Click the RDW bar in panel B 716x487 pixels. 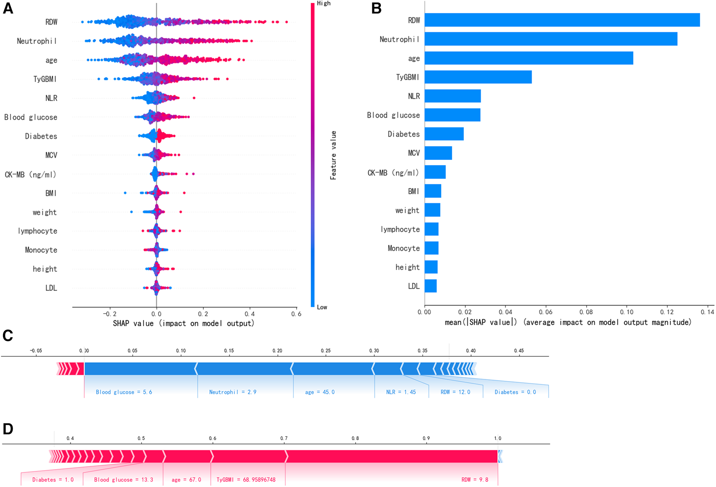[562, 20]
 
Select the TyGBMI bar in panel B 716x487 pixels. [478, 77]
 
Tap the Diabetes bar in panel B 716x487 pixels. [444, 134]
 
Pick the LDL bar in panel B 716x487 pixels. [431, 286]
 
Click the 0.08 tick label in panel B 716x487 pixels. [586, 312]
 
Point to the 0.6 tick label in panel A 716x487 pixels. [296, 314]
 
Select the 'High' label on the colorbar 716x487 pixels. [324, 3]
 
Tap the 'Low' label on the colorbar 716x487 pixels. [322, 307]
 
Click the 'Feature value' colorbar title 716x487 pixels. [333, 155]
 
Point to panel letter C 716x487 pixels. [8, 336]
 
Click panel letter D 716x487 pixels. [8, 429]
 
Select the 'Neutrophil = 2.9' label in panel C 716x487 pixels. [232, 392]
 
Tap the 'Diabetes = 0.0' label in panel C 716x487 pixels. [515, 392]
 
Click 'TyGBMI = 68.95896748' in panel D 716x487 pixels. [246, 480]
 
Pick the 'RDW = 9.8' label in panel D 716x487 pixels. [475, 480]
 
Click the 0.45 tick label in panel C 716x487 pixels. [519, 350]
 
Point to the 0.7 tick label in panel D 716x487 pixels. [284, 438]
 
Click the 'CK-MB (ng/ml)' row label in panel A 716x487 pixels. [30, 174]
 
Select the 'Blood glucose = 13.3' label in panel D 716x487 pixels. [123, 480]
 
